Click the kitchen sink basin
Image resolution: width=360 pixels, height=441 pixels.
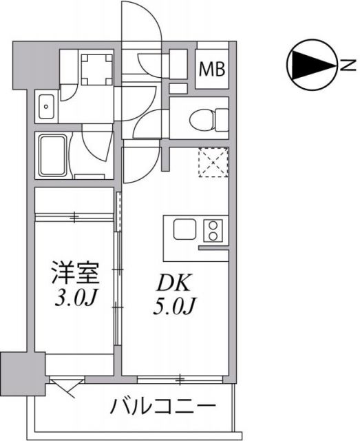pyautogui.click(x=185, y=229)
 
